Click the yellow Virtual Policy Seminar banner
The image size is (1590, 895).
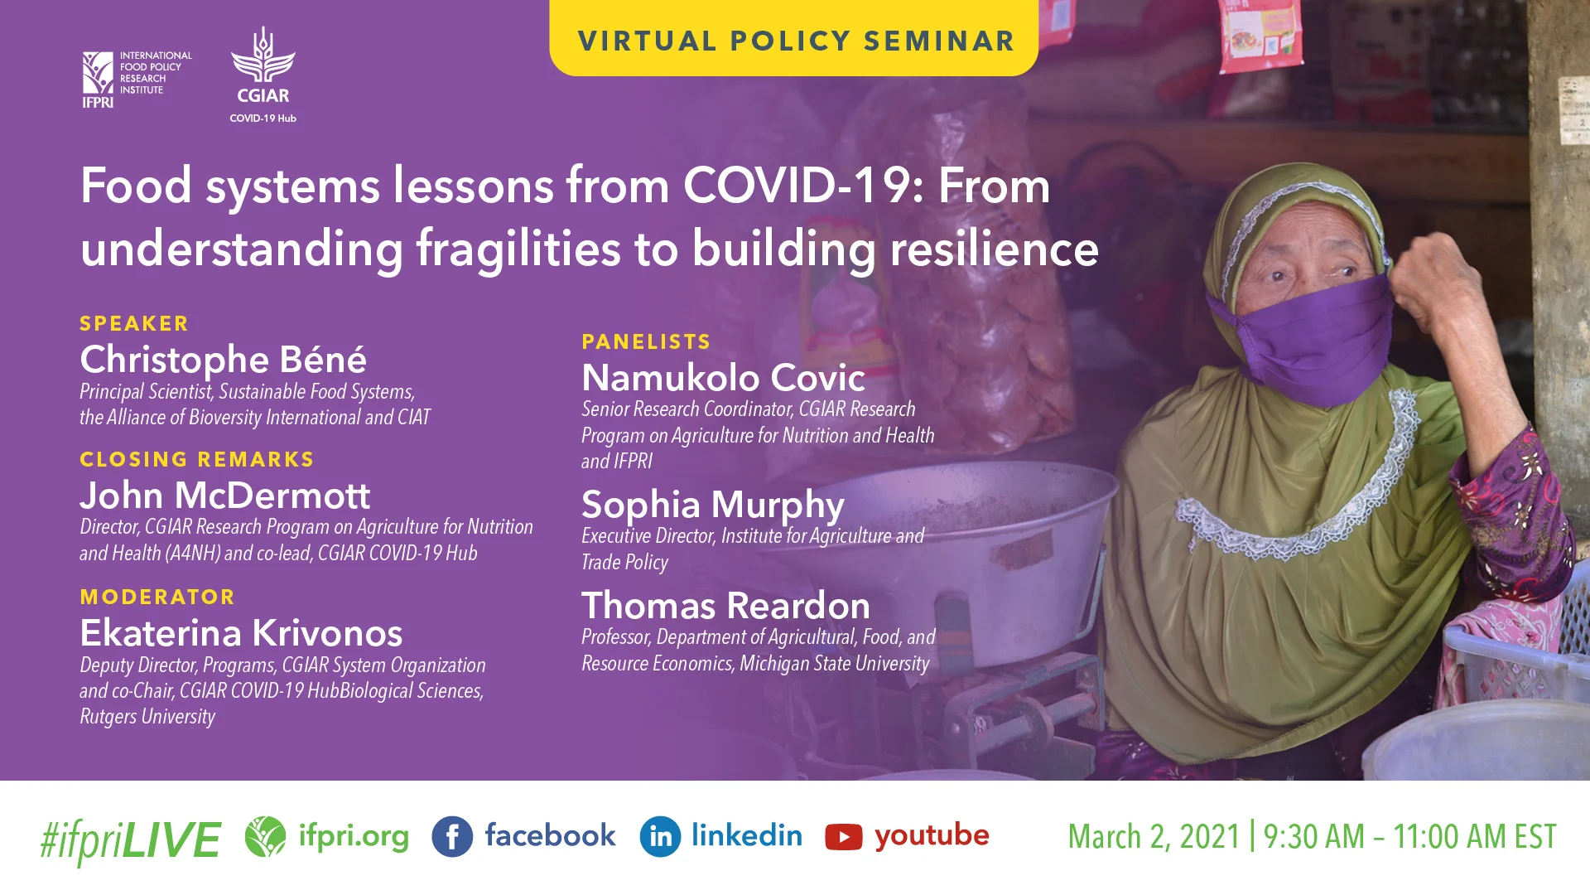[x=794, y=40]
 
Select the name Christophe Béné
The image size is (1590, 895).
[x=223, y=360]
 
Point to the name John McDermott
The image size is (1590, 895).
[x=224, y=496]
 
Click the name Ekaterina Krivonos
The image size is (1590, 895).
[x=241, y=633]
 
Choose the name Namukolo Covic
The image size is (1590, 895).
[x=723, y=378]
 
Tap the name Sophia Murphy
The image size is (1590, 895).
[x=712, y=505]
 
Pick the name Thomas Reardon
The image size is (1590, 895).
[x=725, y=606]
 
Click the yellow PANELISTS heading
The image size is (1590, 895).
[x=646, y=341]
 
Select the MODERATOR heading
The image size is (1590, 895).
[x=157, y=597]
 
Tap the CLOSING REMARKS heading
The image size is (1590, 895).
[x=197, y=459]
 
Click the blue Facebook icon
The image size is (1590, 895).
[x=452, y=836]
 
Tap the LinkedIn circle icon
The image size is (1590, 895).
[x=660, y=836]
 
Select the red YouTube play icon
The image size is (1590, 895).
[x=843, y=837]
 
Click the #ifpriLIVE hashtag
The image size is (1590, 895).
[x=130, y=839]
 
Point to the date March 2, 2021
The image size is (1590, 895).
[x=1154, y=837]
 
